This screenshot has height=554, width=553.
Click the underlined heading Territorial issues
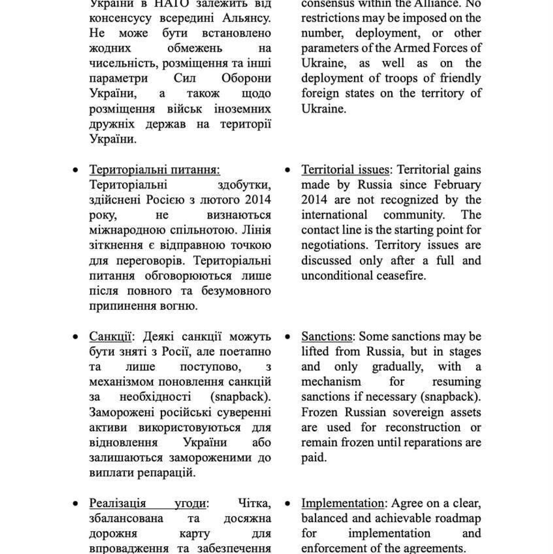(x=345, y=170)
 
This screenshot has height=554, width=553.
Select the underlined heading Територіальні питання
(x=154, y=170)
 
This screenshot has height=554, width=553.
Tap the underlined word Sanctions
(x=327, y=336)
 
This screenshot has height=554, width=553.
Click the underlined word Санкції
(x=110, y=336)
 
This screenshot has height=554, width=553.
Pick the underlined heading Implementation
(x=342, y=503)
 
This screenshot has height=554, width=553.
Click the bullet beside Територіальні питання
(x=75, y=170)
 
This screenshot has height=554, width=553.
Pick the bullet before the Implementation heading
(x=287, y=504)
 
